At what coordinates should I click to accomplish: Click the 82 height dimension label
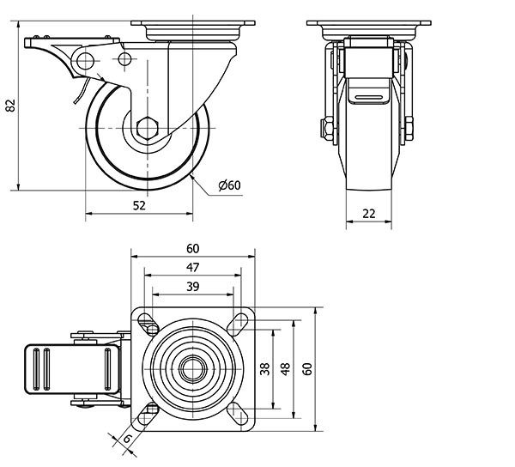tap(10, 105)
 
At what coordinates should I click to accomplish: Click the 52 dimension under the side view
tap(139, 206)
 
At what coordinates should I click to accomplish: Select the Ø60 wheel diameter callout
tap(229, 185)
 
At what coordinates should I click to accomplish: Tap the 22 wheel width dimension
tap(369, 214)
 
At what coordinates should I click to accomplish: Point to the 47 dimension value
tap(193, 268)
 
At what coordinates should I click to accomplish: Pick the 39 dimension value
tap(193, 287)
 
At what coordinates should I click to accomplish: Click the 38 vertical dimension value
tap(265, 369)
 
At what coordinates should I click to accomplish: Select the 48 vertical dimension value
tap(287, 369)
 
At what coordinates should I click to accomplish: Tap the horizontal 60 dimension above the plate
tap(193, 248)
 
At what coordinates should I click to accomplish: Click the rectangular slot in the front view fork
tap(369, 100)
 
